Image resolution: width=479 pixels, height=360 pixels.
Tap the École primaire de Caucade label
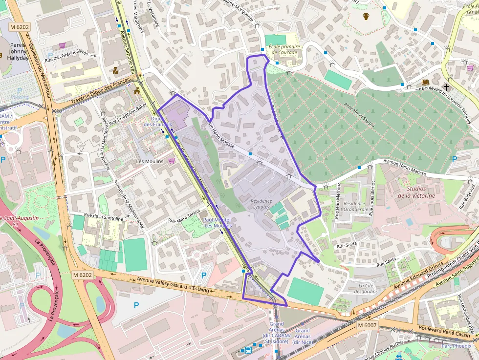point(284,49)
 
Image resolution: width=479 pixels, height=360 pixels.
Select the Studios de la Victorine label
point(416,192)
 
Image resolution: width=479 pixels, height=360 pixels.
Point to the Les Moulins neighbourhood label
point(150,161)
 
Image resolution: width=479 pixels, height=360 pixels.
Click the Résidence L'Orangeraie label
point(355,207)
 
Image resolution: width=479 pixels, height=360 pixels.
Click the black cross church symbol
point(446,87)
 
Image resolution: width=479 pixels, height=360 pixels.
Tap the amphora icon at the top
point(366,17)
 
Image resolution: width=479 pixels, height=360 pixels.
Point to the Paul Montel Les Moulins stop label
point(218,223)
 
